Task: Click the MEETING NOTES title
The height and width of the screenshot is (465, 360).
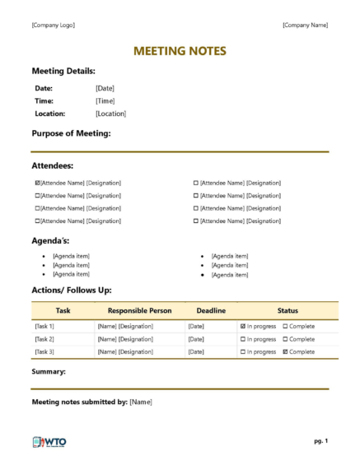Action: (180, 52)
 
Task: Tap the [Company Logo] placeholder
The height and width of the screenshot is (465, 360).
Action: (53, 25)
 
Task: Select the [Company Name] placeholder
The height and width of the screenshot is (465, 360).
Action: (305, 25)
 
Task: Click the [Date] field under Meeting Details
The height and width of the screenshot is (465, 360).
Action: (105, 88)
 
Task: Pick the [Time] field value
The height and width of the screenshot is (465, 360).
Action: (105, 100)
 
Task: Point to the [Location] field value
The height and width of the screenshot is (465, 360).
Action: (110, 114)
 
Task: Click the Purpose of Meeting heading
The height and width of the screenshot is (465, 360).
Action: (71, 133)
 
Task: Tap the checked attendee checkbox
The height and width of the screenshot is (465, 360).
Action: (38, 183)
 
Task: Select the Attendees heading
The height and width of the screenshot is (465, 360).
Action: (53, 165)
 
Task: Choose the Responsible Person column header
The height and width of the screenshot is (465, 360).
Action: (139, 311)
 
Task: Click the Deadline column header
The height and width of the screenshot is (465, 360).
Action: (210, 311)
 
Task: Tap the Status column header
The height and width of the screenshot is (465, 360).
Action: (288, 311)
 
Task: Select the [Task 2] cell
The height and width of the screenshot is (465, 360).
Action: (44, 339)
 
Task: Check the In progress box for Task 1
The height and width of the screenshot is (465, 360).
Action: (243, 327)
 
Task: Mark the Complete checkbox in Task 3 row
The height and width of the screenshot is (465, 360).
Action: (286, 352)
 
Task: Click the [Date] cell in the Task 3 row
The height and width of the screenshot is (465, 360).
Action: (196, 352)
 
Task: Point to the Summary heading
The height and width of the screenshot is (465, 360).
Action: (49, 372)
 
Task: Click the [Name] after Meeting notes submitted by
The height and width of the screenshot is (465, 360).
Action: (141, 402)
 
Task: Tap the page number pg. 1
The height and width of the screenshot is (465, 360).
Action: (320, 442)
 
